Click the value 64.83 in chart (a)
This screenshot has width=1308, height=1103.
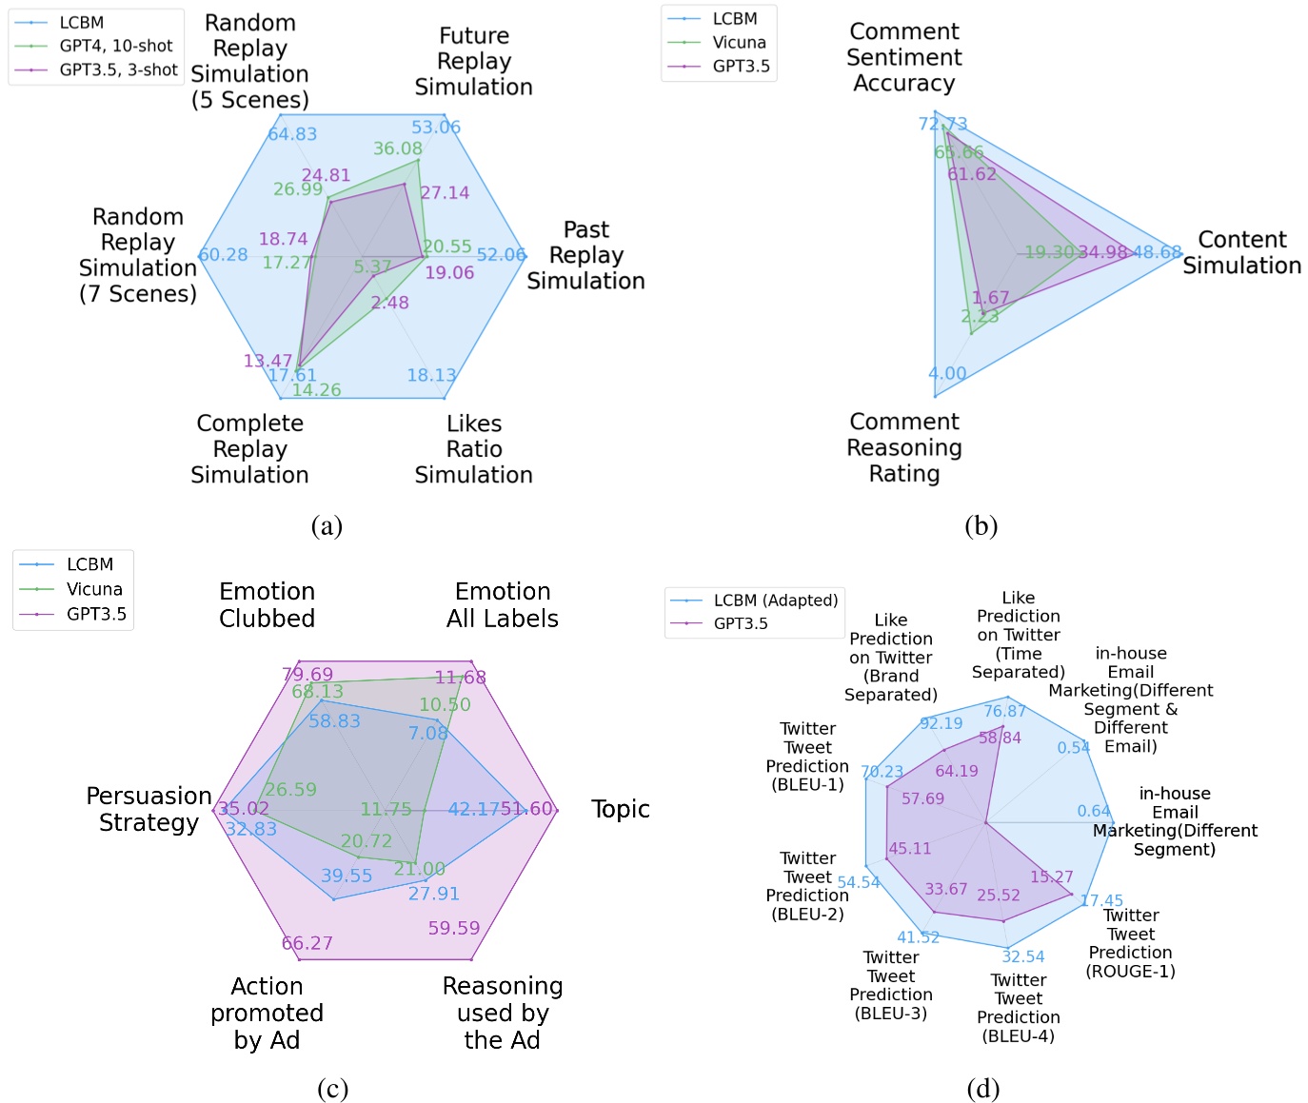pos(292,134)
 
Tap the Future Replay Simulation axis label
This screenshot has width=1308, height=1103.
pos(473,62)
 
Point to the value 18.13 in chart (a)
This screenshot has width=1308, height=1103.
pos(431,375)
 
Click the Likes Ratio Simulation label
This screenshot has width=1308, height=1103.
pos(473,449)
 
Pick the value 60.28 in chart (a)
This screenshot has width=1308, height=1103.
pos(223,255)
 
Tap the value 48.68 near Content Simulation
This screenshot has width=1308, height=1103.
pos(1157,252)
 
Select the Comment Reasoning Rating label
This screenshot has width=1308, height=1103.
pos(903,447)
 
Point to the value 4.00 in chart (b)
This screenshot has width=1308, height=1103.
pos(947,373)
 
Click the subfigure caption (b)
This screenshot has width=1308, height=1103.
pos(981,525)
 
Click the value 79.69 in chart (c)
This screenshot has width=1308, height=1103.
pos(307,675)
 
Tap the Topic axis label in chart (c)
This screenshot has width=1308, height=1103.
pos(620,809)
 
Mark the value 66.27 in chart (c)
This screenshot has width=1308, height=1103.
pos(307,943)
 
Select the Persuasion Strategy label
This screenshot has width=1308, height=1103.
pos(149,809)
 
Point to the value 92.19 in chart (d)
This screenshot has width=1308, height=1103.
pos(941,723)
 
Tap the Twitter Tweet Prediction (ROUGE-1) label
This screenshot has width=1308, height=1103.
pos(1130,943)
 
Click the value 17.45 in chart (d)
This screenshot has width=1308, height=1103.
pos(1101,900)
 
